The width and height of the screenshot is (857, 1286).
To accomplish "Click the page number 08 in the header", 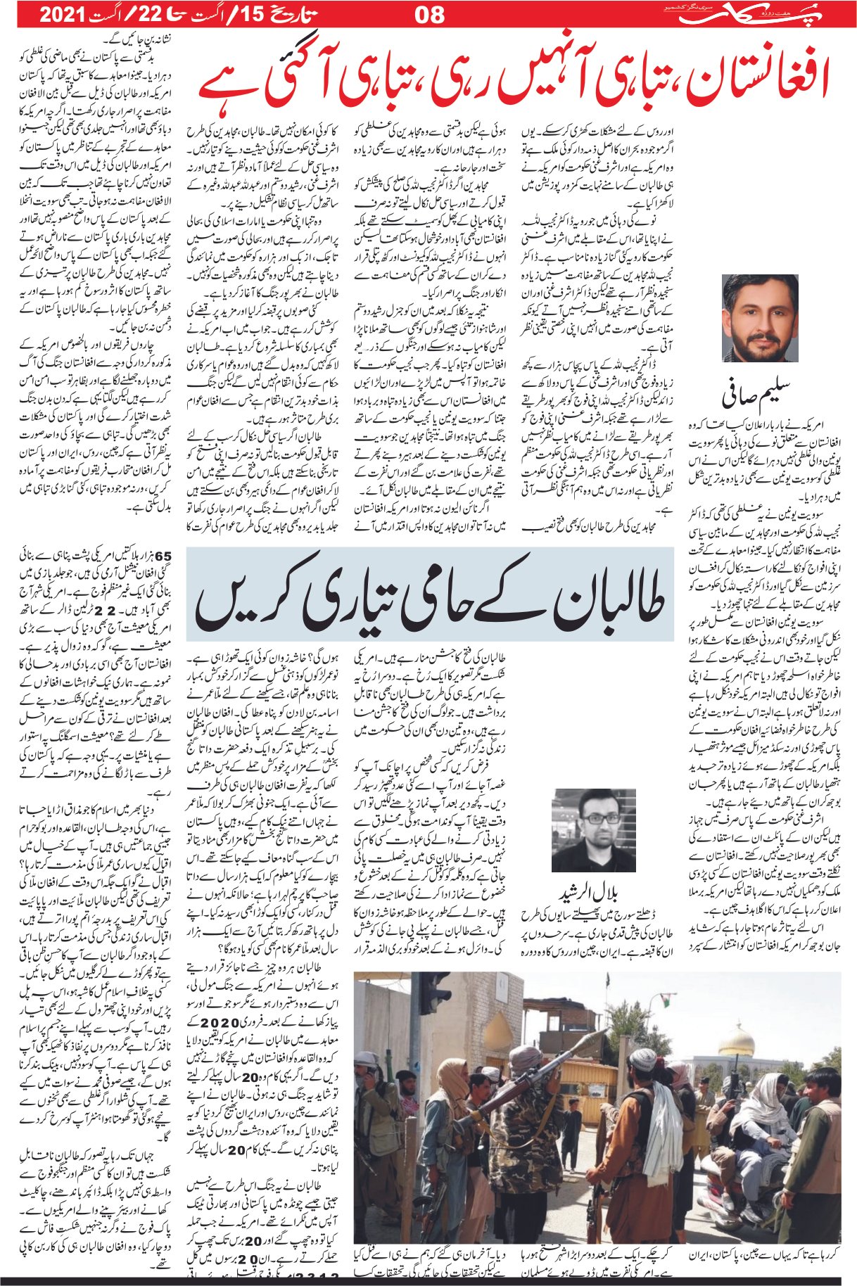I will coord(429,14).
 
